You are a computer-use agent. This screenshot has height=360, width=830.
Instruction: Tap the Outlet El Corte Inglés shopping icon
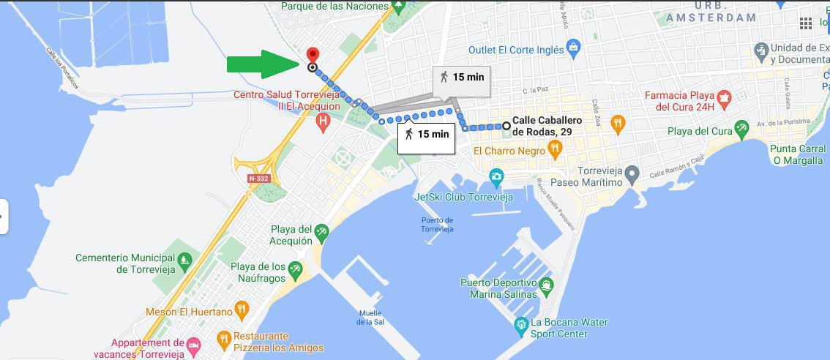[574, 49]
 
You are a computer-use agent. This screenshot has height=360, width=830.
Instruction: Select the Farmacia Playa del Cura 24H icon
[724, 97]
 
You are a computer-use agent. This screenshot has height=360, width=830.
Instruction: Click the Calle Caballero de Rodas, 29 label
[542, 126]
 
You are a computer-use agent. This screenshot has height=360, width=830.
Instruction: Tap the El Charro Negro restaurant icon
[556, 150]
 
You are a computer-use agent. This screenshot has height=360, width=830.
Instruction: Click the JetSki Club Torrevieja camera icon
[497, 176]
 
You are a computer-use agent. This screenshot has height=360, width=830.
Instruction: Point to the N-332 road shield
[258, 179]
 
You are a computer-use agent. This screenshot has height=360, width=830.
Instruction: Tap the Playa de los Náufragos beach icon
[295, 270]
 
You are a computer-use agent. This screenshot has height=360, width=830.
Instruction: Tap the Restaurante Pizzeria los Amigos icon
[225, 337]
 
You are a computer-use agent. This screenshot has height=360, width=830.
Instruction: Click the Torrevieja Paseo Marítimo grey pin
[633, 173]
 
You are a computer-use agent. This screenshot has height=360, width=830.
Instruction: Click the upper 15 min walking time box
[460, 77]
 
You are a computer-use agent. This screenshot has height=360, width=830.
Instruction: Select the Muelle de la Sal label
[372, 317]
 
